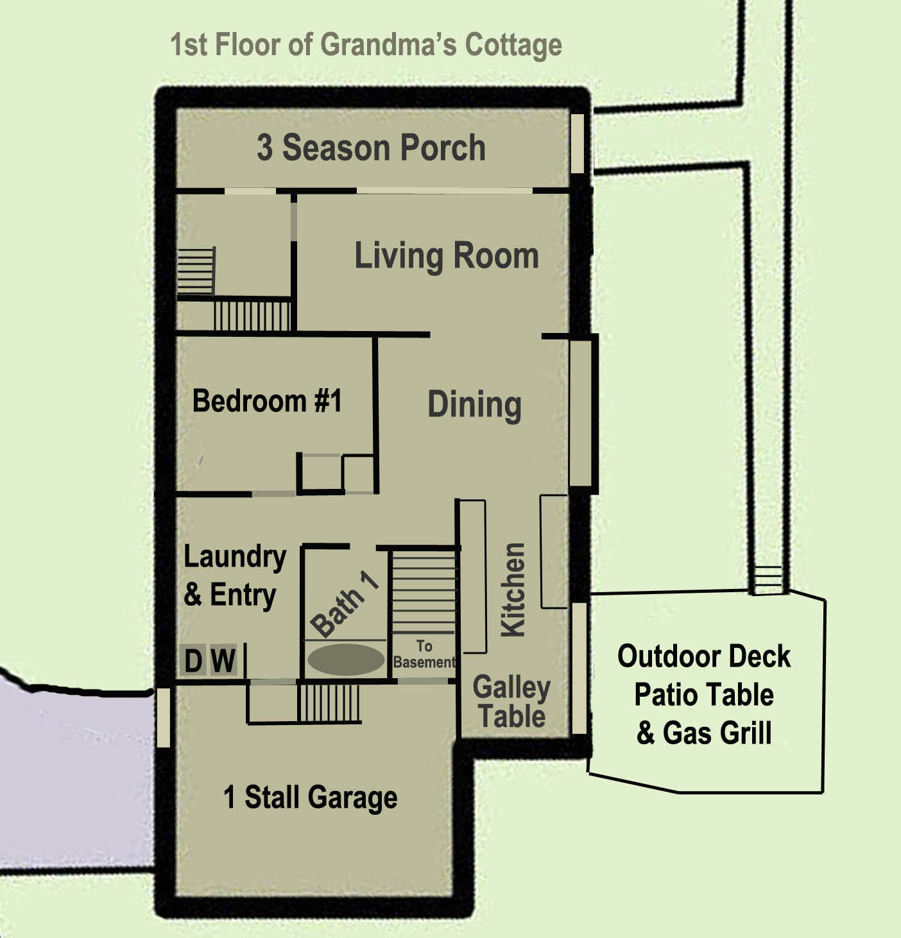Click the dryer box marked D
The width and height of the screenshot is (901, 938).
[x=193, y=660]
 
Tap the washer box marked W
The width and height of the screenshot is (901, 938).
[x=223, y=660]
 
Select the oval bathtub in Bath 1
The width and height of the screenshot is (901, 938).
[x=346, y=660]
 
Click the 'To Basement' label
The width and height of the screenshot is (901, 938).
[x=424, y=654]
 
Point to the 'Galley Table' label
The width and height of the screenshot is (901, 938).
[x=512, y=701]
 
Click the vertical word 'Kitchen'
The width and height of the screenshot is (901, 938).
[x=513, y=590]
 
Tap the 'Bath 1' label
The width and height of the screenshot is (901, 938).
[x=344, y=603]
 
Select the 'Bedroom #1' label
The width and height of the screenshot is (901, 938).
[x=267, y=400]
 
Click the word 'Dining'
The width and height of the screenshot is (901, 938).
[x=474, y=404]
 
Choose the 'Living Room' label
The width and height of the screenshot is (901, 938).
[x=447, y=256]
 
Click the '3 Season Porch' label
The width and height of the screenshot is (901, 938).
[x=371, y=148]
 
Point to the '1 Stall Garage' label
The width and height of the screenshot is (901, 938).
[x=310, y=797]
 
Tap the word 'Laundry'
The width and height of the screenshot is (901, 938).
[x=236, y=558]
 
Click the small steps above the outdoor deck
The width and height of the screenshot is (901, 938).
[x=768, y=579]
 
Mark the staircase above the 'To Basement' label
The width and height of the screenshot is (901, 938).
[x=424, y=592]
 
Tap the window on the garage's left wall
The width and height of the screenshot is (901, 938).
[x=164, y=717]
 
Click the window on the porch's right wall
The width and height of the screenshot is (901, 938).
[x=578, y=143]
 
